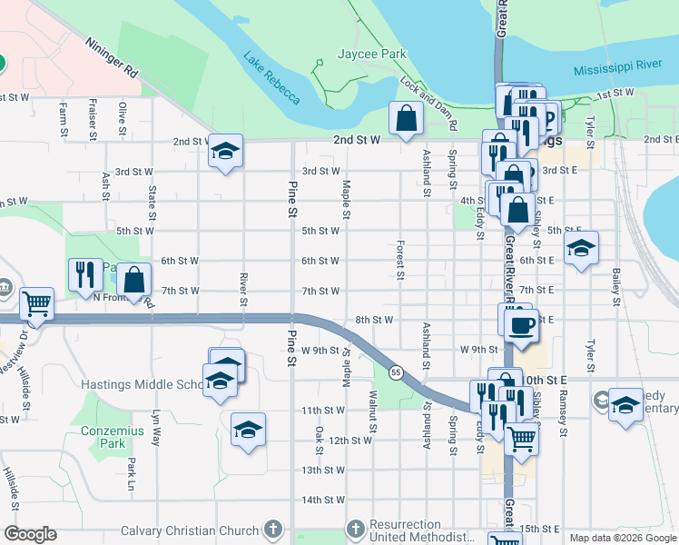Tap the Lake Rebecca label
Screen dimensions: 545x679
[271, 77]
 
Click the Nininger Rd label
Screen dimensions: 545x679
[113, 56]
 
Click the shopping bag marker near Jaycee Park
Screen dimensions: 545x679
[404, 116]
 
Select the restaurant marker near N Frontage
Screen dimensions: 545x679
[84, 274]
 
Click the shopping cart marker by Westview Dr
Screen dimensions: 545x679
[37, 303]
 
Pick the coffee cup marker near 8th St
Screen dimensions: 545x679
[521, 326]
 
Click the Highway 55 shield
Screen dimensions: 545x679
[396, 372]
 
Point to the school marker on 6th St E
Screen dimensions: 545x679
[580, 249]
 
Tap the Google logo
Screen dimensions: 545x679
[30, 535]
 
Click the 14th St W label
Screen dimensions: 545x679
[323, 500]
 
